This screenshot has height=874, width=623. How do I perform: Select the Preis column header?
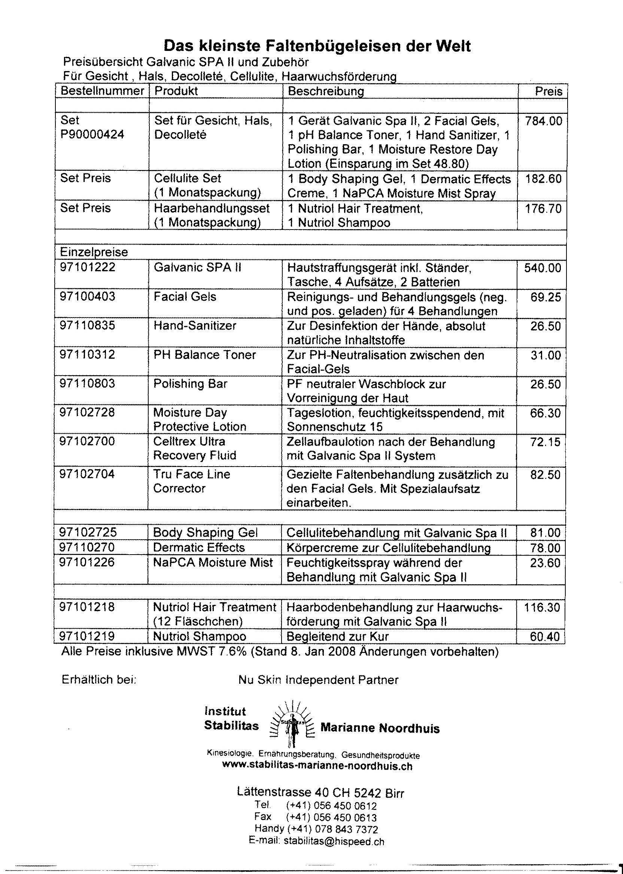(x=548, y=91)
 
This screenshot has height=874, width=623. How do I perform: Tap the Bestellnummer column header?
(x=102, y=91)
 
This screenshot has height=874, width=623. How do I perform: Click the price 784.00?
(x=544, y=121)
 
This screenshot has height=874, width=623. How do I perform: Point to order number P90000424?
(x=92, y=135)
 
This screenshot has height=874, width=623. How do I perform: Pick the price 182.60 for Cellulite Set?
(x=543, y=179)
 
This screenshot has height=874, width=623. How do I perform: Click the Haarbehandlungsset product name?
(x=212, y=208)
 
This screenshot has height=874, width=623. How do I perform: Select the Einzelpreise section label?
(x=94, y=252)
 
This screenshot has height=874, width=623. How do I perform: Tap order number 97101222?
(x=88, y=267)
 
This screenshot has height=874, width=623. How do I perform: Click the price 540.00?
(x=543, y=268)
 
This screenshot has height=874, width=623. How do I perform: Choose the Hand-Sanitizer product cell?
(x=195, y=326)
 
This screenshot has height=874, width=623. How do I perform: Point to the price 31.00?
(x=545, y=355)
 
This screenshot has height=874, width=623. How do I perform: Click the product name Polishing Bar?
(x=190, y=384)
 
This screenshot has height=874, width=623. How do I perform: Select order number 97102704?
(x=87, y=474)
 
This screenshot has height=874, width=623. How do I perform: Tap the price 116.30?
(x=542, y=607)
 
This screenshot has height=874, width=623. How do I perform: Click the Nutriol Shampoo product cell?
(x=199, y=637)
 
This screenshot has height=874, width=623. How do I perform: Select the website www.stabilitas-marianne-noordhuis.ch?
(x=317, y=767)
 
